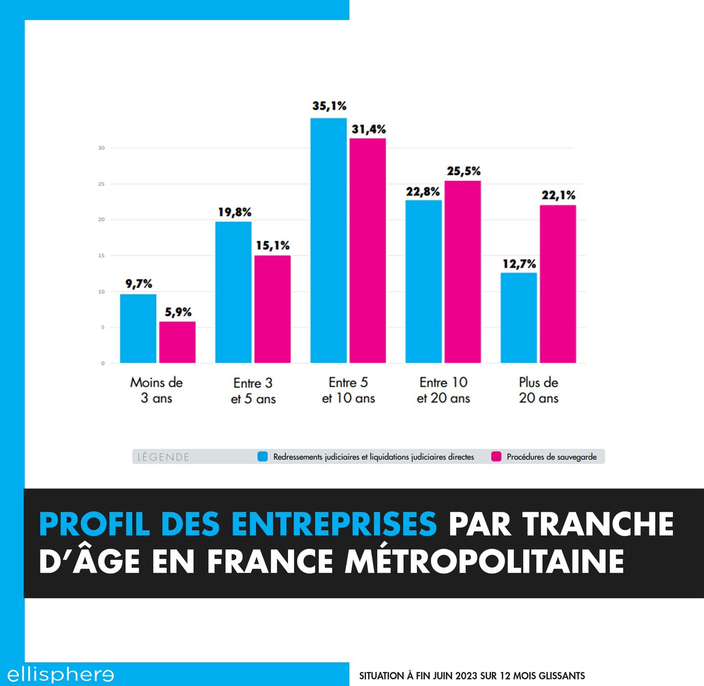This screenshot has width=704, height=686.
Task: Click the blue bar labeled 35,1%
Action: tap(329, 241)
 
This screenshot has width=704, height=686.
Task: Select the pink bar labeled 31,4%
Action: tap(368, 251)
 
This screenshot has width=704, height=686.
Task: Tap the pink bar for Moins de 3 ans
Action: tap(177, 342)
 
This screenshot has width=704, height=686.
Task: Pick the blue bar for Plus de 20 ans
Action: tap(519, 317)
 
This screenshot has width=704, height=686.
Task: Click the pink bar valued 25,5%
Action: tap(463, 272)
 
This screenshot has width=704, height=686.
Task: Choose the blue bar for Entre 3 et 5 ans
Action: tap(233, 292)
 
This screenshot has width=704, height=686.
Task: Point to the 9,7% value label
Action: tap(138, 284)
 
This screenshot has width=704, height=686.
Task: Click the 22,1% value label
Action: tap(558, 195)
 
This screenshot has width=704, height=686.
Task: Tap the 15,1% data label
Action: tap(272, 246)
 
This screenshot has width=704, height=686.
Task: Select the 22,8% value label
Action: tap(423, 192)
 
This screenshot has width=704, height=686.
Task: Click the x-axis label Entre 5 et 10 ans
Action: tap(348, 390)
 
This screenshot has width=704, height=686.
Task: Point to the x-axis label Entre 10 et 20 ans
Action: tap(444, 390)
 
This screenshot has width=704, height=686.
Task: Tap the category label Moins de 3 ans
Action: tap(157, 390)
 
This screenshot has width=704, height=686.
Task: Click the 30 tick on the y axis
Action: tap(101, 148)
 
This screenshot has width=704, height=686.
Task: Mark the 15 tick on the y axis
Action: tap(101, 256)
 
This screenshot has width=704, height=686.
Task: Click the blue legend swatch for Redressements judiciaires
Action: tap(263, 457)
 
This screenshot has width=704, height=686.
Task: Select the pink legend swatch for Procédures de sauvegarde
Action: tap(496, 457)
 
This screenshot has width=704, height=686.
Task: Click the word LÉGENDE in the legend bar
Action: tap(163, 457)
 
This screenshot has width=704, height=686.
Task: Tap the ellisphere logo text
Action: tap(60, 674)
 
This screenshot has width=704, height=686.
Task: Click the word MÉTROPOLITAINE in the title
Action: tap(484, 562)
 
